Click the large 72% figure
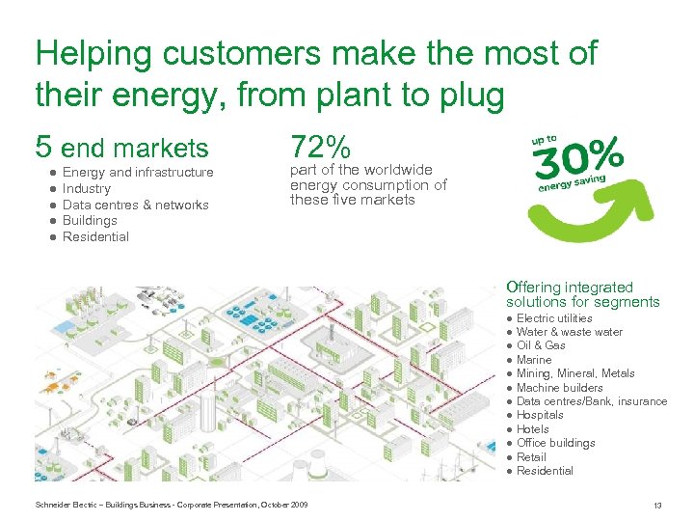pyautogui.click(x=320, y=148)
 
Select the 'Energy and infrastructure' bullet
pyautogui.click(x=138, y=172)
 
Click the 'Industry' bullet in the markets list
pyautogui.click(x=87, y=188)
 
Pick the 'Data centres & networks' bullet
pyautogui.click(x=135, y=205)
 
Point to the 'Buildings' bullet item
pyautogui.click(x=90, y=220)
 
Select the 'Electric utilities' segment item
pyautogui.click(x=554, y=318)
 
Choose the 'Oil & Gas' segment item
pyautogui.click(x=541, y=345)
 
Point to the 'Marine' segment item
pyautogui.click(x=534, y=360)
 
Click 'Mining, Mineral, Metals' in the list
pyautogui.click(x=575, y=373)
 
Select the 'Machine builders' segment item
pyautogui.click(x=559, y=388)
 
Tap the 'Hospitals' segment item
pyautogui.click(x=540, y=415)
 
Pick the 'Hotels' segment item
pyautogui.click(x=533, y=429)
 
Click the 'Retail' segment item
pyautogui.click(x=531, y=457)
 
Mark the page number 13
pyautogui.click(x=657, y=506)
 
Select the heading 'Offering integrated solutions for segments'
pyautogui.click(x=582, y=294)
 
